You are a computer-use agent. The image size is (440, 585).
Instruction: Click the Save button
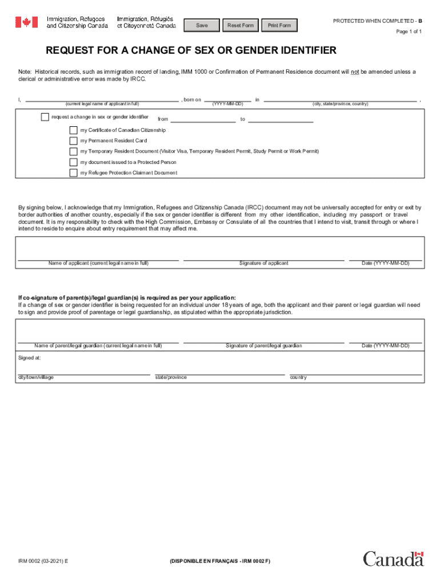tap(202, 25)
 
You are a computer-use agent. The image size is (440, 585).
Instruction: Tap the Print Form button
tap(279, 25)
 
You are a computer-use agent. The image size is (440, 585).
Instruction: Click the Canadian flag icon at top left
tap(26, 22)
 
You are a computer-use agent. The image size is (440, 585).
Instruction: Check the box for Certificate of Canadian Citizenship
tap(73, 130)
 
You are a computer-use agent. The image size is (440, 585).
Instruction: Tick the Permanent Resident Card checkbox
tap(73, 141)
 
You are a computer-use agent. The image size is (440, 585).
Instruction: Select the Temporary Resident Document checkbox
tap(73, 151)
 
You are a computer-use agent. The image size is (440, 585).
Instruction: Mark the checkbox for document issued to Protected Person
tap(73, 162)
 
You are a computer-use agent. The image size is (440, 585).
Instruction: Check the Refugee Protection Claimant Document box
tap(73, 173)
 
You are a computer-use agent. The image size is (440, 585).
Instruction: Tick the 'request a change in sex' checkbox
tap(45, 117)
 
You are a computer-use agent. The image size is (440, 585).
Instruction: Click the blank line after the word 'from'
tap(203, 119)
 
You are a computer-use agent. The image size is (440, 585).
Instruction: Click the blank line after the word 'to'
tap(281, 119)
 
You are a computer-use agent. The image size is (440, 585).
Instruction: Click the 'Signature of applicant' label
tap(263, 263)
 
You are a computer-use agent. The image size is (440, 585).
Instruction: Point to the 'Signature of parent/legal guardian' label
tap(263, 346)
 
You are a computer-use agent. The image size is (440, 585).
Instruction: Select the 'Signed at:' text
tap(30, 358)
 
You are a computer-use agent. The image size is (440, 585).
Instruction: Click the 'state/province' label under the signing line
tap(171, 378)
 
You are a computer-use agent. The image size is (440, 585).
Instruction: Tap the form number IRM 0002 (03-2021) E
tap(43, 562)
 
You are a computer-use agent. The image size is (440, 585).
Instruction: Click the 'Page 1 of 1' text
tap(409, 31)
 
